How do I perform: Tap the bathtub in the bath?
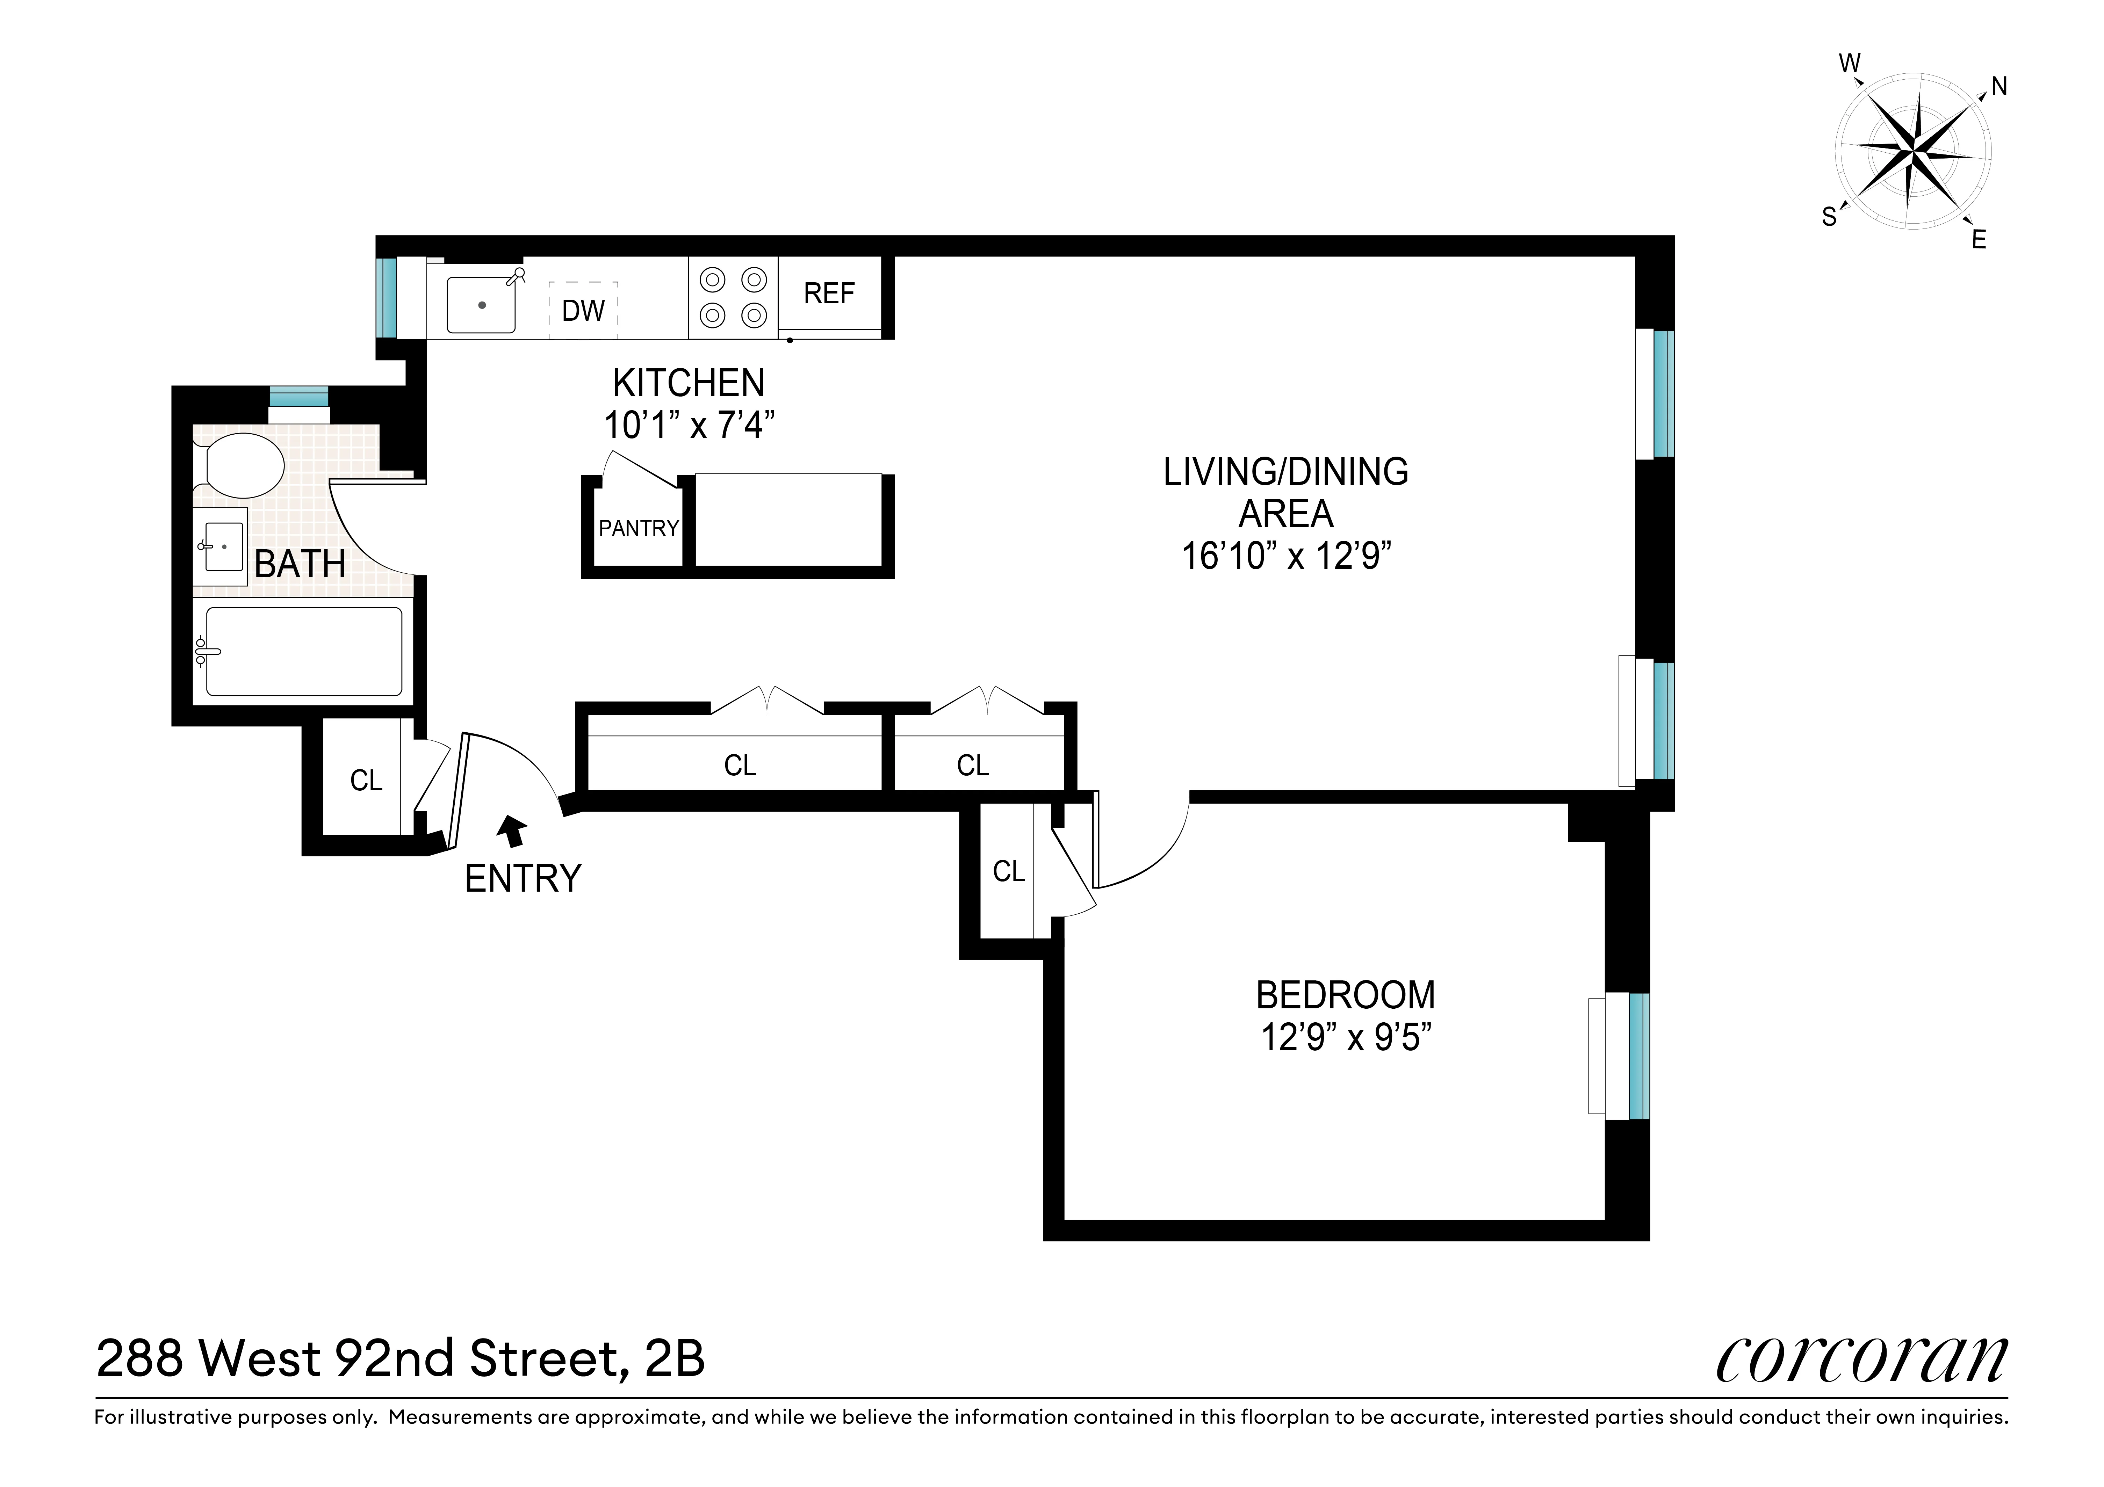[x=303, y=651]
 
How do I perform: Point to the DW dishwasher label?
[x=583, y=311]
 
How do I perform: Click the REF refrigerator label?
[x=828, y=293]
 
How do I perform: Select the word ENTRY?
[x=523, y=879]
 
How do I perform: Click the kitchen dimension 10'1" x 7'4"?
[x=689, y=425]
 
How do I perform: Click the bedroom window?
[x=1638, y=1057]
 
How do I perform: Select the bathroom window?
[x=298, y=397]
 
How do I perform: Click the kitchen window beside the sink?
[x=387, y=298]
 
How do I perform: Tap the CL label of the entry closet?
[x=366, y=781]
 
